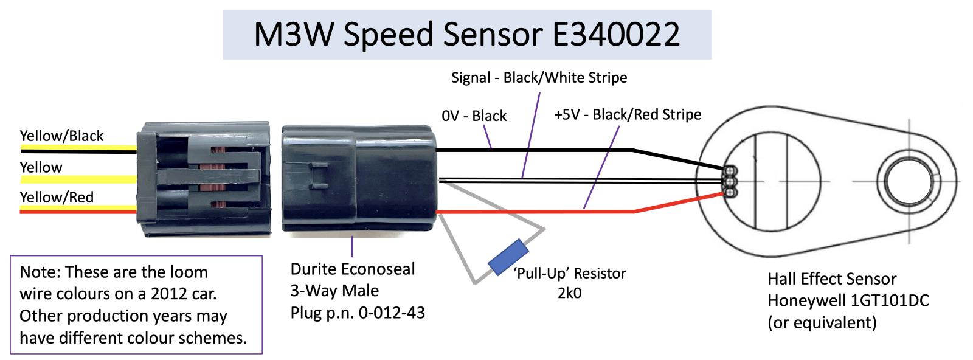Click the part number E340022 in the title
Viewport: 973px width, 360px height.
tap(616, 34)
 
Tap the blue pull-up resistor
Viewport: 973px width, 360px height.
tap(508, 257)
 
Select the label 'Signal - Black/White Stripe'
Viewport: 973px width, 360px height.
tap(539, 78)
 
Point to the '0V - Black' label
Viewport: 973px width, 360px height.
tap(474, 116)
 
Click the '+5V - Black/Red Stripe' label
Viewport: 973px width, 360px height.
tap(628, 115)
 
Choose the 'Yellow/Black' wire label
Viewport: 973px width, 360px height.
tap(61, 136)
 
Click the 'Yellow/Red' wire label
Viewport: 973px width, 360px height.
tap(57, 197)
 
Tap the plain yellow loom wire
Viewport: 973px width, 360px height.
tap(78, 179)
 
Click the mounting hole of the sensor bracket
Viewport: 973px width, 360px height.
tap(909, 181)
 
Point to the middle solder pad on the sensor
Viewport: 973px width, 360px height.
tap(730, 181)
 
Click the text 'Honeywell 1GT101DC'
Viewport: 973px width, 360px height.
tap(848, 300)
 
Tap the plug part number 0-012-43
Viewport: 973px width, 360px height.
tap(392, 313)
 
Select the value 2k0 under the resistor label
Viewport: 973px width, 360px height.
tap(569, 293)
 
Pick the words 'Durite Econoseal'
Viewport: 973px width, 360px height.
tap(353, 269)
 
